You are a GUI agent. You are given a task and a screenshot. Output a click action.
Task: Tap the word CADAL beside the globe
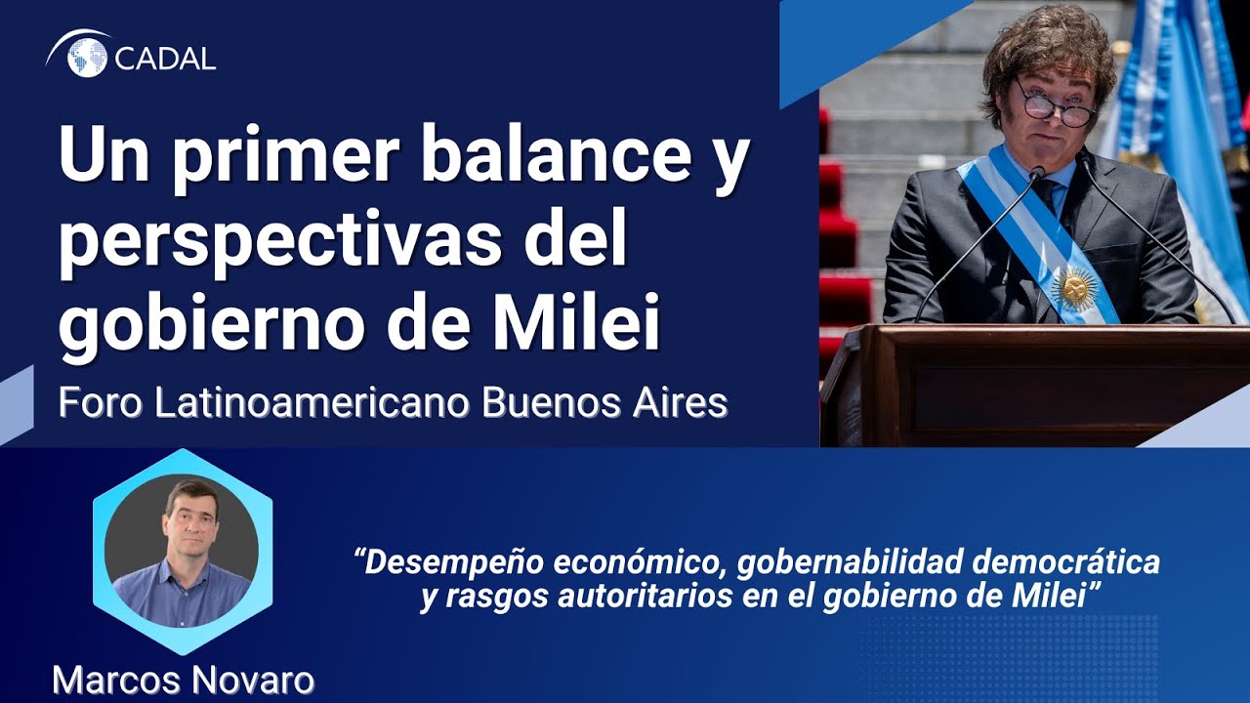[165, 58]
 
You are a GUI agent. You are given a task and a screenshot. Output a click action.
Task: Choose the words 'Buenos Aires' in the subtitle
[604, 403]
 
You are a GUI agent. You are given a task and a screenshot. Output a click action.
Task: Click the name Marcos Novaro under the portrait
[183, 680]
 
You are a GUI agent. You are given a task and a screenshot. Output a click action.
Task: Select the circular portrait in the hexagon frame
[183, 550]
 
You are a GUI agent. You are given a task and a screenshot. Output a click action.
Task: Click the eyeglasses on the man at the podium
[1055, 105]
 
